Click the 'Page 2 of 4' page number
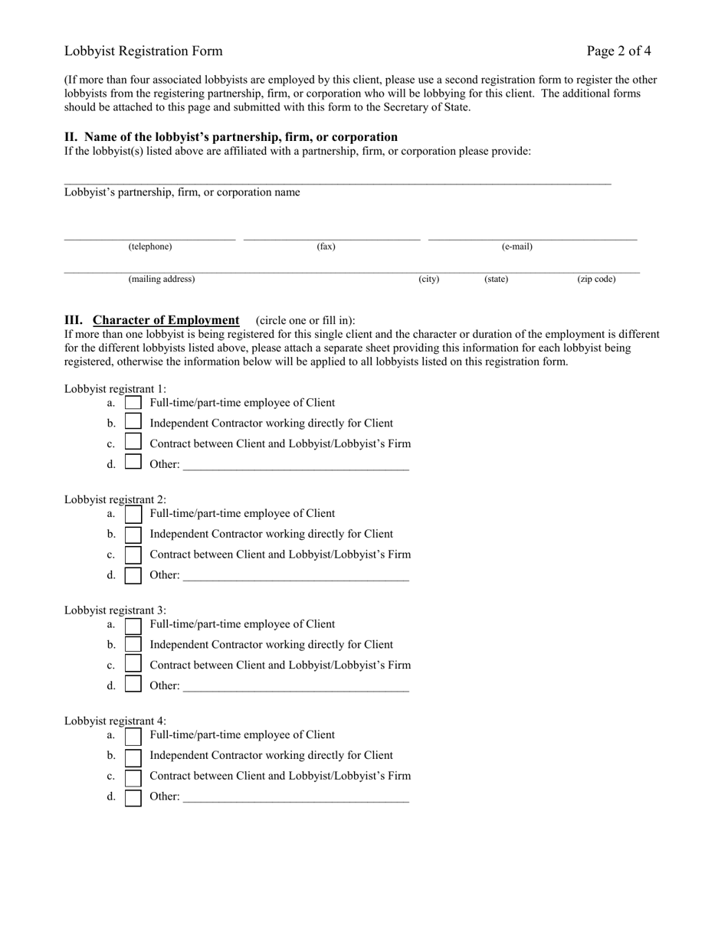(618, 51)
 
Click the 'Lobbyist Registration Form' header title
(143, 51)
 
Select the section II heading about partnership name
(231, 137)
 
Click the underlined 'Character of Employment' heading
(166, 320)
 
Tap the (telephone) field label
(150, 247)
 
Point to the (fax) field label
(326, 247)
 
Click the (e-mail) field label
(517, 247)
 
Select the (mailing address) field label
(162, 280)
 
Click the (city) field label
(429, 280)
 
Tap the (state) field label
(496, 280)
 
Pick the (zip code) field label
(596, 280)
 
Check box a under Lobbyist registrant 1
(133, 403)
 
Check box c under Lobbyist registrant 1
(133, 443)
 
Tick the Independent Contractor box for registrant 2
(133, 535)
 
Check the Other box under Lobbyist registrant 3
(133, 685)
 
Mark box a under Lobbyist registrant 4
(133, 736)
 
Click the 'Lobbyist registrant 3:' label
(115, 610)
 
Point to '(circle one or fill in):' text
(306, 321)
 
